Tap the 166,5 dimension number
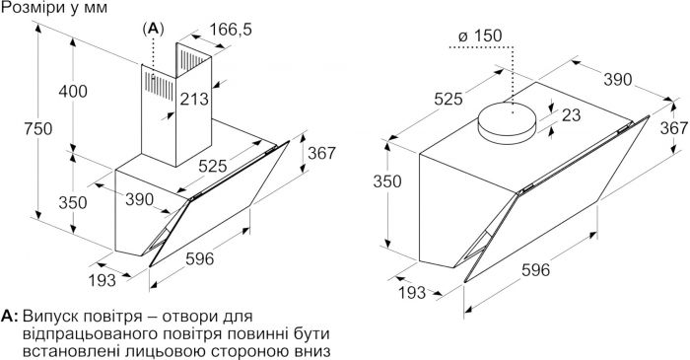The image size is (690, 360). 232,31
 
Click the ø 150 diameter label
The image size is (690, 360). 481,36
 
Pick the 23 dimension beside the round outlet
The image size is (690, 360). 569,114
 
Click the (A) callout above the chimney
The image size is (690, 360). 153,30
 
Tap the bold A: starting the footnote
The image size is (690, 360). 11,317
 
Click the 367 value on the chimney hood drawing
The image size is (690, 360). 321,155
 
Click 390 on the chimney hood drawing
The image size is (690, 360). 140,199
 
